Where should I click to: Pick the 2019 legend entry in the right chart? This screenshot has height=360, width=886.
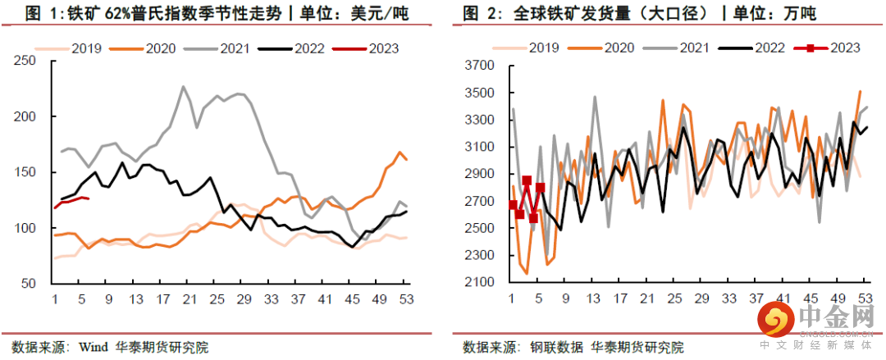537,48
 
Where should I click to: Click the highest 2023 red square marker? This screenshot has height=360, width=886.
527,180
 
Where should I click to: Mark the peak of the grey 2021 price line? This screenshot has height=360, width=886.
183,86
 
